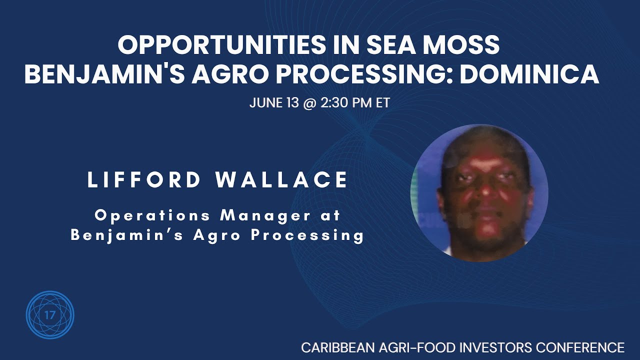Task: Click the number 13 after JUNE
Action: tap(293, 103)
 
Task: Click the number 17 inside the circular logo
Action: tap(50, 315)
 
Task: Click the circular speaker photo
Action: tap(479, 193)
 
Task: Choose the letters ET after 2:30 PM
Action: tap(383, 103)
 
